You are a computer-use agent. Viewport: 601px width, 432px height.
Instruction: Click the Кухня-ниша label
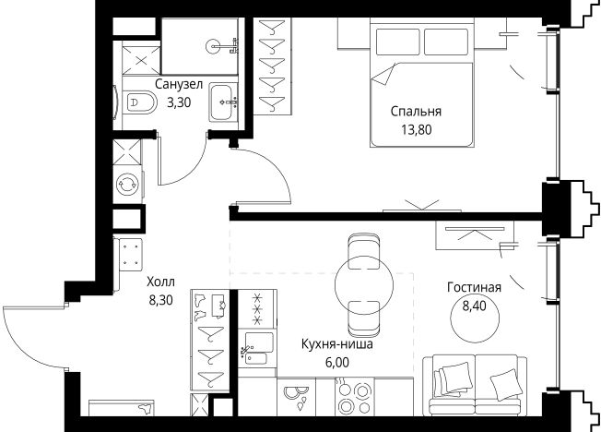coord(336,345)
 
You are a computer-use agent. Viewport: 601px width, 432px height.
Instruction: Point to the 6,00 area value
coord(336,363)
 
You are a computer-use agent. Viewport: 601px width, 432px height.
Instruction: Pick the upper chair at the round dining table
coord(360,248)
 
